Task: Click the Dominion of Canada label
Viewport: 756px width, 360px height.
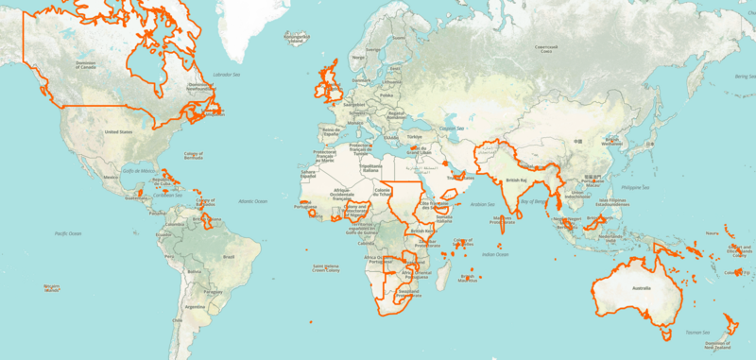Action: [x=87, y=65]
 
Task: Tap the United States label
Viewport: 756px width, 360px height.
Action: [x=118, y=132]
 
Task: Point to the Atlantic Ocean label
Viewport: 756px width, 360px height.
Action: [x=253, y=201]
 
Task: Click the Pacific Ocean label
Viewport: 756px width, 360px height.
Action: [x=69, y=232]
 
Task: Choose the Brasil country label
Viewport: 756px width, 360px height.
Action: [x=227, y=256]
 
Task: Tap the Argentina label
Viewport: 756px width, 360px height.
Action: [x=195, y=307]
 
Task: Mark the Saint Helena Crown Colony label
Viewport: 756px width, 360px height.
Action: [x=327, y=267]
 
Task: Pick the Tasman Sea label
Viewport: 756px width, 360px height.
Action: [x=697, y=332]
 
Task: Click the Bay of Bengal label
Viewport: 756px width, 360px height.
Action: [x=535, y=201]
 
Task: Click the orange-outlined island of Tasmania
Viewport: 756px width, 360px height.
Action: [x=667, y=332]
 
